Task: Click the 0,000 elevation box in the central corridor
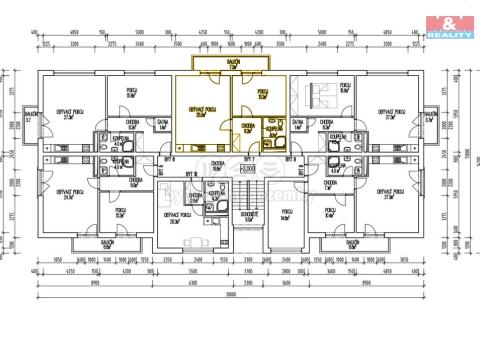coord(247,169)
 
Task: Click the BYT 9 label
coord(169,159)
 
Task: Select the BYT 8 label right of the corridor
coord(291,159)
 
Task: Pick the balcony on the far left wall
coord(30,119)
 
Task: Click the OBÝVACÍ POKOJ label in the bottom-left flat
coord(69,192)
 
